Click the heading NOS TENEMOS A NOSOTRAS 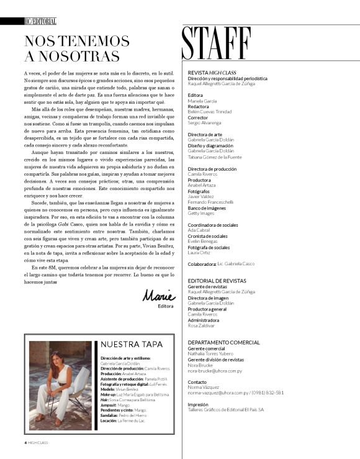(76, 48)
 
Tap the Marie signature (159, 296)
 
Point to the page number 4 (18, 442)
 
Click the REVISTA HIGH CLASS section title (212, 73)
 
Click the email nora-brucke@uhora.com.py (215, 370)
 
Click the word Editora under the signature (166, 306)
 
